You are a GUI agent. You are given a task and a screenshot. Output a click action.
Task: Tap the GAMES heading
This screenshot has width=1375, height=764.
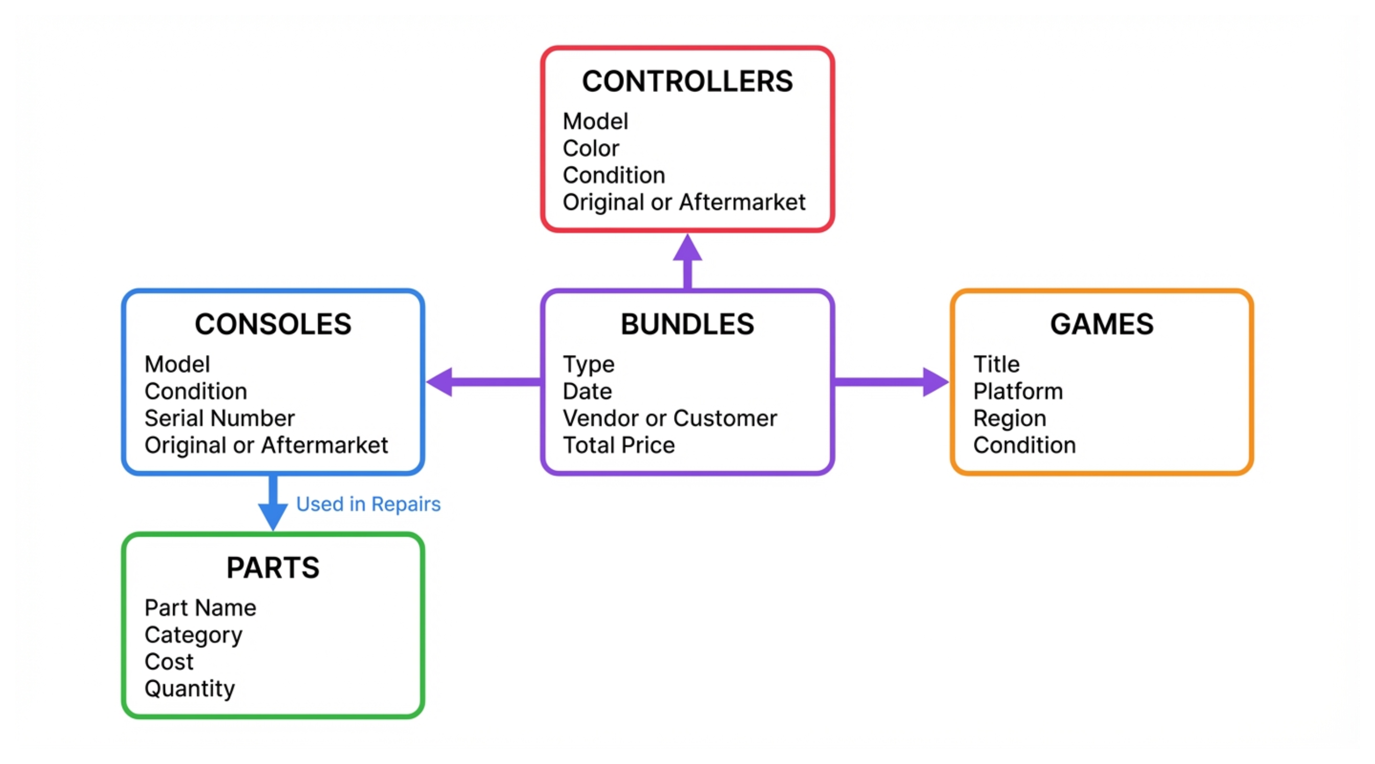click(x=1102, y=324)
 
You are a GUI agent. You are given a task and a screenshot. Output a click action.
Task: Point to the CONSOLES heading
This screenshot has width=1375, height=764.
click(x=273, y=324)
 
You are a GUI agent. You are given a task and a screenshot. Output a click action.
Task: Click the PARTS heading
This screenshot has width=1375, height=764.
click(x=273, y=568)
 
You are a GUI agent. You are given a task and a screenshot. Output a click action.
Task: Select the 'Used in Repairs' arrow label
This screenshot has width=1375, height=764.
click(x=368, y=504)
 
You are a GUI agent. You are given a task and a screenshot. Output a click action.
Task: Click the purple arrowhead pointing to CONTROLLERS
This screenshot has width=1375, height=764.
click(x=688, y=249)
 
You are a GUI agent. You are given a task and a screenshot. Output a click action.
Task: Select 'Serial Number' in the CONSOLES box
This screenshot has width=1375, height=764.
click(x=219, y=418)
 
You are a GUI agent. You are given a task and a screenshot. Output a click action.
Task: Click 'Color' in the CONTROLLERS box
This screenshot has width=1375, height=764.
click(x=591, y=148)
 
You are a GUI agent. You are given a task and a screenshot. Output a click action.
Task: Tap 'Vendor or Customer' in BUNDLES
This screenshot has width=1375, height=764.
click(x=669, y=418)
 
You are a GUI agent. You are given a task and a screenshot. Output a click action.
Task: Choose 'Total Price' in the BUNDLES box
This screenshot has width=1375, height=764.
click(x=619, y=445)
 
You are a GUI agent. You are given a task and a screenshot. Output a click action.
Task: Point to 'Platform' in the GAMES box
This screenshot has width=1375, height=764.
click(x=1018, y=391)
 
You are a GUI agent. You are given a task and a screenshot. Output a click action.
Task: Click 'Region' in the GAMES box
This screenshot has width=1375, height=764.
click(x=1009, y=418)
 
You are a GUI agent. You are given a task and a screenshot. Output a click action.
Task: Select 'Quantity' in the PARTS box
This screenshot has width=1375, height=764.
click(x=190, y=689)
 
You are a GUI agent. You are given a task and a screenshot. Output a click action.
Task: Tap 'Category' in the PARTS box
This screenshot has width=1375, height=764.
click(x=193, y=635)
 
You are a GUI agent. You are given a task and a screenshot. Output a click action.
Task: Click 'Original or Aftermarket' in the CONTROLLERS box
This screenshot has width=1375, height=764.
click(x=684, y=202)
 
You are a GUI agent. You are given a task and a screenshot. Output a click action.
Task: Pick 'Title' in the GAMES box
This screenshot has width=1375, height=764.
click(x=996, y=364)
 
